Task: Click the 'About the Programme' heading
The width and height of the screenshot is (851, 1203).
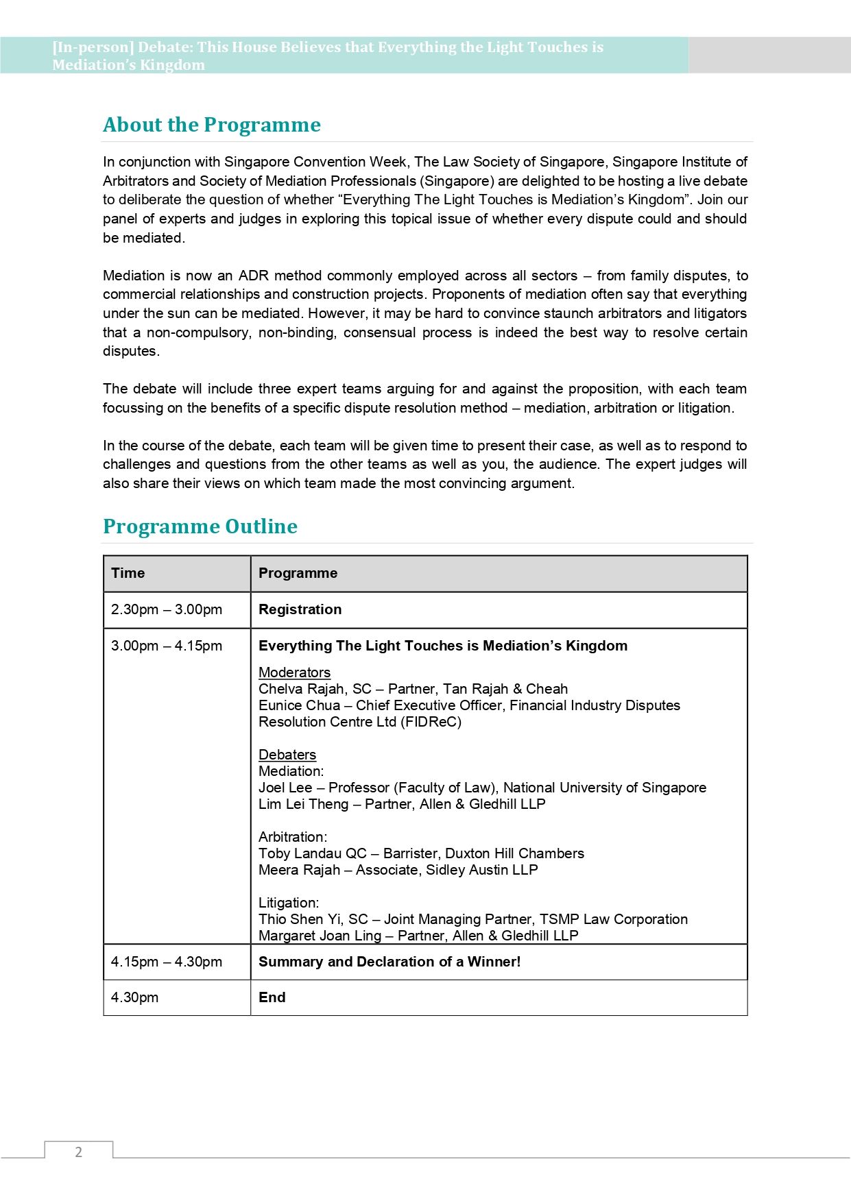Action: click(x=211, y=125)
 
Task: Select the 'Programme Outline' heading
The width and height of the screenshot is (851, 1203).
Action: click(x=200, y=526)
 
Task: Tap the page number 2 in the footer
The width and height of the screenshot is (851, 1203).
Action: click(x=78, y=1152)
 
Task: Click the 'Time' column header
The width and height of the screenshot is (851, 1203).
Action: click(x=128, y=573)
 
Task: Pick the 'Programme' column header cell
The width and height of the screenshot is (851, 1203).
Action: click(x=298, y=573)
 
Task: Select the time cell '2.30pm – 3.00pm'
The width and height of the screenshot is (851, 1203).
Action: click(x=167, y=609)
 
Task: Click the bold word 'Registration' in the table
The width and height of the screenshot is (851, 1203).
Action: click(x=300, y=609)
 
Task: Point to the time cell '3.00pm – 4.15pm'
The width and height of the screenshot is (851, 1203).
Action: click(x=167, y=646)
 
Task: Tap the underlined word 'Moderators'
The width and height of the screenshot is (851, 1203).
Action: click(x=294, y=672)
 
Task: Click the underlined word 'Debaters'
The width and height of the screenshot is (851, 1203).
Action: click(x=287, y=755)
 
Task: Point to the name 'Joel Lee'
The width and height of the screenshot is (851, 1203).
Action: click(x=285, y=788)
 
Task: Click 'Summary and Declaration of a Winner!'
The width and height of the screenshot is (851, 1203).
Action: click(x=389, y=962)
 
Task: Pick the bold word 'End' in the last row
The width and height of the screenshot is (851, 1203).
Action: click(x=272, y=997)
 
